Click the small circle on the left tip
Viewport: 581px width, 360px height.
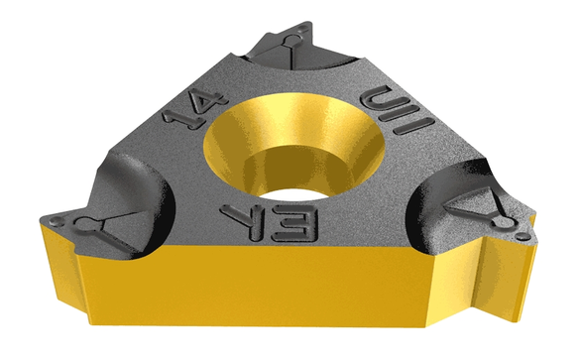86,220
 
